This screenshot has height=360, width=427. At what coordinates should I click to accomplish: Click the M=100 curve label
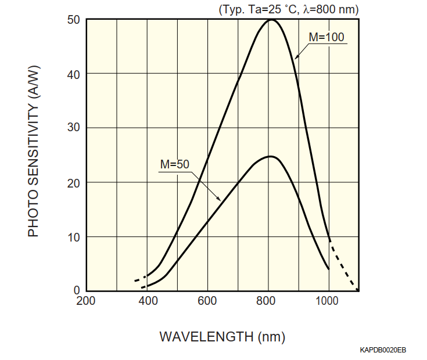[326, 37]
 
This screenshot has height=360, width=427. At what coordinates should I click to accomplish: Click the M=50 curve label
[175, 164]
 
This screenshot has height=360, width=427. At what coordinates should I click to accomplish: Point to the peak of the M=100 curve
[271, 20]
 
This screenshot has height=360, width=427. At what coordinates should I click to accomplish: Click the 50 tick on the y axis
[73, 20]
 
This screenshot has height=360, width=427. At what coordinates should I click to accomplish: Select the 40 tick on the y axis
[73, 74]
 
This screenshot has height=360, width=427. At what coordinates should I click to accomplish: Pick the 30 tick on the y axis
[73, 128]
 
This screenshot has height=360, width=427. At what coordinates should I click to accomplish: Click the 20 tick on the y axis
[73, 182]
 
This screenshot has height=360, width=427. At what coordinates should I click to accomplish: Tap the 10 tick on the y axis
[73, 236]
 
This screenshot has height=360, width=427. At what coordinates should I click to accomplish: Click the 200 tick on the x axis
[86, 301]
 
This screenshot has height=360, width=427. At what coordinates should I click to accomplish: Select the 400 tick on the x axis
[148, 301]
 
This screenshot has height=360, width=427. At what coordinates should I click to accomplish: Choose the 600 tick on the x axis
[208, 301]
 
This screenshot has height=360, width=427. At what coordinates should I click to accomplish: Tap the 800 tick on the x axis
[268, 301]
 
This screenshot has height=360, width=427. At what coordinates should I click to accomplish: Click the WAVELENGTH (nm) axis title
[222, 336]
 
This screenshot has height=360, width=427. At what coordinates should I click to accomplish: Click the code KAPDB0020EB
[383, 350]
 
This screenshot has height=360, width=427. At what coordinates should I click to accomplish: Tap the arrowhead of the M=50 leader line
[220, 200]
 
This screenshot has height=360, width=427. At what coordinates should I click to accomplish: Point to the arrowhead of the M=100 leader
[295, 58]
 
